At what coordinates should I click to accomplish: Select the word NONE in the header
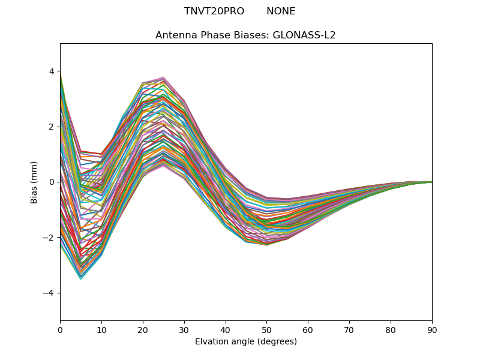tap(281, 11)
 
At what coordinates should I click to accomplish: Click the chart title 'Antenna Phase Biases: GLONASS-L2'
tap(245, 35)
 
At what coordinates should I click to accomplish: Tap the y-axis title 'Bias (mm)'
tap(34, 182)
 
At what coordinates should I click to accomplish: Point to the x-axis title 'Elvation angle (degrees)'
tap(245, 341)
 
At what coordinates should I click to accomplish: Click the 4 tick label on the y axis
tap(51, 71)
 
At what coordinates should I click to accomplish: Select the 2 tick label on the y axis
tap(51, 127)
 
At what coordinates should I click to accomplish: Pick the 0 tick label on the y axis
tap(51, 182)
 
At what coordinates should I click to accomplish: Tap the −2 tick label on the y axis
tap(49, 238)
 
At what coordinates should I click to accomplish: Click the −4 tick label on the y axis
tap(49, 293)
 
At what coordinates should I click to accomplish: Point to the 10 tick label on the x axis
tap(101, 329)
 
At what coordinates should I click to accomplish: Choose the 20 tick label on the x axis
tap(143, 329)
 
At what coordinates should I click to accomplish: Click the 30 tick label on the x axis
tap(184, 329)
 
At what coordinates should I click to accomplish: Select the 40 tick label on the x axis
tap(226, 329)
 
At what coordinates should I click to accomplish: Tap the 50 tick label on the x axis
tap(266, 329)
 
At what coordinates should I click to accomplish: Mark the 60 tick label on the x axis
tap(308, 329)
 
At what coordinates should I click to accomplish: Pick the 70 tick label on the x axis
tap(349, 329)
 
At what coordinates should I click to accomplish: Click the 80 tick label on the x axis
tap(391, 329)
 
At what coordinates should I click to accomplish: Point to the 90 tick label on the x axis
tap(432, 329)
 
